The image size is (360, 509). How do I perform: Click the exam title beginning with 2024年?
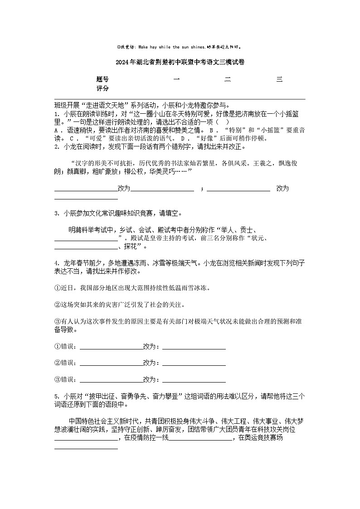[x=180, y=63]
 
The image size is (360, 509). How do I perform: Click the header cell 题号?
[x=102, y=80]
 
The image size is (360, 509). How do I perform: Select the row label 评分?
[x=102, y=88]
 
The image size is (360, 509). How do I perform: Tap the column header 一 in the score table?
[x=176, y=80]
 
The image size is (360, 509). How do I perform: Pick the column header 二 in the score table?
[x=228, y=80]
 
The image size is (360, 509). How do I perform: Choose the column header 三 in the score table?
[x=279, y=80]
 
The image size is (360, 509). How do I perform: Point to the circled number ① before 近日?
[x=58, y=288]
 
